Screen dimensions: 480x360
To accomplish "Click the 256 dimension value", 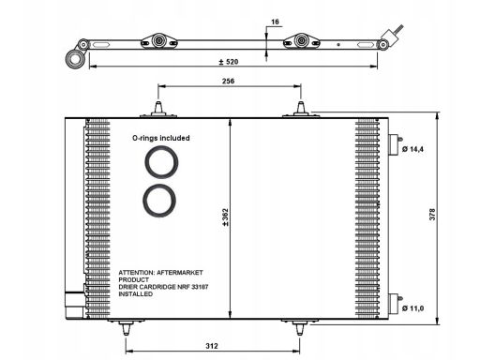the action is (x=228, y=81).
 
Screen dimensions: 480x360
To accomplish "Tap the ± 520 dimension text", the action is (x=229, y=62).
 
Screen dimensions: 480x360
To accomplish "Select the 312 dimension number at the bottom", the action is (x=212, y=346).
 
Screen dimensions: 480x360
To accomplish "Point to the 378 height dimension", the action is (x=432, y=215).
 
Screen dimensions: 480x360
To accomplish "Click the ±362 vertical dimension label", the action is (x=225, y=217).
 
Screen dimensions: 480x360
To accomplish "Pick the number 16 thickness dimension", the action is (x=275, y=22).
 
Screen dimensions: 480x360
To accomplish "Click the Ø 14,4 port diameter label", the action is (x=412, y=149).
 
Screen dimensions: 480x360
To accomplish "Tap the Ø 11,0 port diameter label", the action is (x=412, y=308).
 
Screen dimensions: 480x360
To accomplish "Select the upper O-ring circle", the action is (x=161, y=148).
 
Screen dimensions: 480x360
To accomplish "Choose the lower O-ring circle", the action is (x=159, y=187).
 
